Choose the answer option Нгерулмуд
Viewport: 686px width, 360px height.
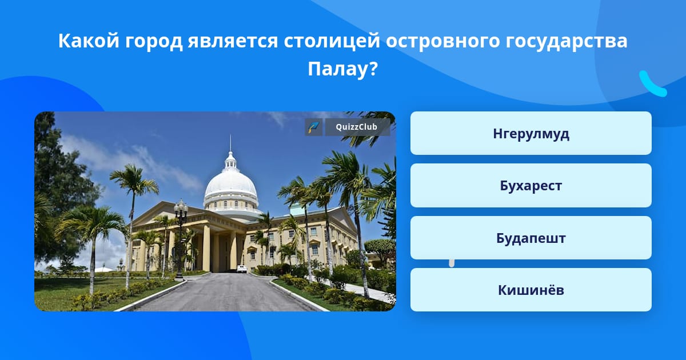tap(531, 133)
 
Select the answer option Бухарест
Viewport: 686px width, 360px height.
tap(531, 186)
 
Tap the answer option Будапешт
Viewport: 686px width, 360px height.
tap(531, 238)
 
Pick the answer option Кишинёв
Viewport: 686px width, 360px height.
tap(531, 290)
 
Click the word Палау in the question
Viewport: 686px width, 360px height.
tap(337, 69)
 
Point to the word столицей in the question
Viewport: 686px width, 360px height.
tap(332, 41)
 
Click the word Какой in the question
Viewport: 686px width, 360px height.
tap(89, 41)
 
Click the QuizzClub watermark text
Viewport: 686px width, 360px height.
tap(356, 127)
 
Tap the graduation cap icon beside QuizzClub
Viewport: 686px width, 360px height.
tap(313, 127)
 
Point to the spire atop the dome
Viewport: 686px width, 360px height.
tap(230, 143)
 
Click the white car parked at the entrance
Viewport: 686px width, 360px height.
tap(242, 269)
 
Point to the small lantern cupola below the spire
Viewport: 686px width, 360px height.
tap(230, 161)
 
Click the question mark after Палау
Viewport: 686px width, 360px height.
tap(373, 69)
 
